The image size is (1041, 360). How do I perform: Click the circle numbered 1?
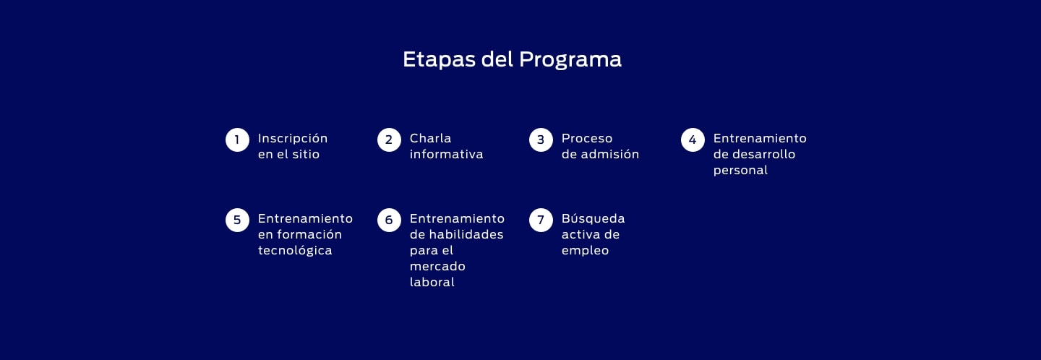237,140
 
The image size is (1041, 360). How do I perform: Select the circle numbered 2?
389,140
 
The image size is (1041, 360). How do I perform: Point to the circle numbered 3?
541,140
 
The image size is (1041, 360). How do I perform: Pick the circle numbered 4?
693,140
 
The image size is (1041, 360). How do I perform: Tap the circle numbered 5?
237,220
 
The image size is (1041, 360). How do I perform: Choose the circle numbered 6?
389,220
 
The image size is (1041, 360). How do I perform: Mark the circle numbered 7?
541,220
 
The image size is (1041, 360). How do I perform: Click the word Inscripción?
293,139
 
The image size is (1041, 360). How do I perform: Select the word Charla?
430,138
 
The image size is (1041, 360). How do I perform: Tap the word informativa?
446,154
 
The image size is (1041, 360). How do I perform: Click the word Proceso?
587,138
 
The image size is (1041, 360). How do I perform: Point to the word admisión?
610,154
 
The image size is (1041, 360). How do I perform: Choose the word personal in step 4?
740,171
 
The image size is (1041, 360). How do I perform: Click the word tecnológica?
295,251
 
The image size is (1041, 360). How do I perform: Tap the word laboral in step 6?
432,282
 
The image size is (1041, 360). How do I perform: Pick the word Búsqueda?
593,218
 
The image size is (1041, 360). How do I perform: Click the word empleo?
585,251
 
